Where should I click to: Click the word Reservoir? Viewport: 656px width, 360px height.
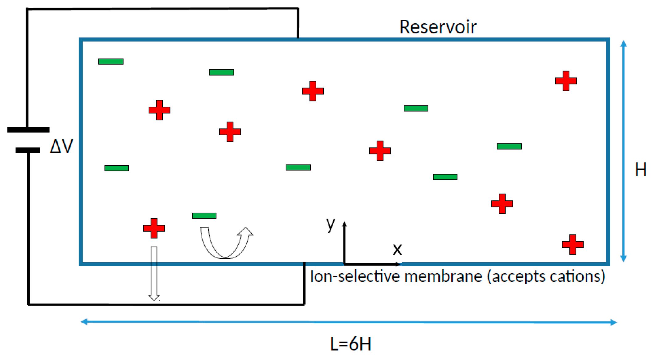coord(438,27)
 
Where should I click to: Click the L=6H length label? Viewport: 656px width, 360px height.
coord(351,344)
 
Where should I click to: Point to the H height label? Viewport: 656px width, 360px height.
coord(641,170)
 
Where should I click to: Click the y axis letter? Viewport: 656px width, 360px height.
coord(331,224)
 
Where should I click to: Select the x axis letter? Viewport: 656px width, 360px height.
coord(397,249)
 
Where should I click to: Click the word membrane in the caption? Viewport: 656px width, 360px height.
coord(443,276)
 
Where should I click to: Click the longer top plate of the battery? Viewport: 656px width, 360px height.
coord(28,130)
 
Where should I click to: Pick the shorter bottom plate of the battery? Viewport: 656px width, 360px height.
coord(28,150)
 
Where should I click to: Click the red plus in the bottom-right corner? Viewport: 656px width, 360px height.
coord(573,244)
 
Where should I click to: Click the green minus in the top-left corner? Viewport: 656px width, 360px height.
coord(111,62)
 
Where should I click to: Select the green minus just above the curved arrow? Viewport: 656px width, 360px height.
coord(204,216)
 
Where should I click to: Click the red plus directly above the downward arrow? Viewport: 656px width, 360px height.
coord(154,228)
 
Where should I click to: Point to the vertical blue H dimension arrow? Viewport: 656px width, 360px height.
coord(624,151)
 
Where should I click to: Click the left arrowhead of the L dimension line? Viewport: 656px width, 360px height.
coord(84,322)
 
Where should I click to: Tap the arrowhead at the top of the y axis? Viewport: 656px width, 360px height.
coord(345,224)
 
